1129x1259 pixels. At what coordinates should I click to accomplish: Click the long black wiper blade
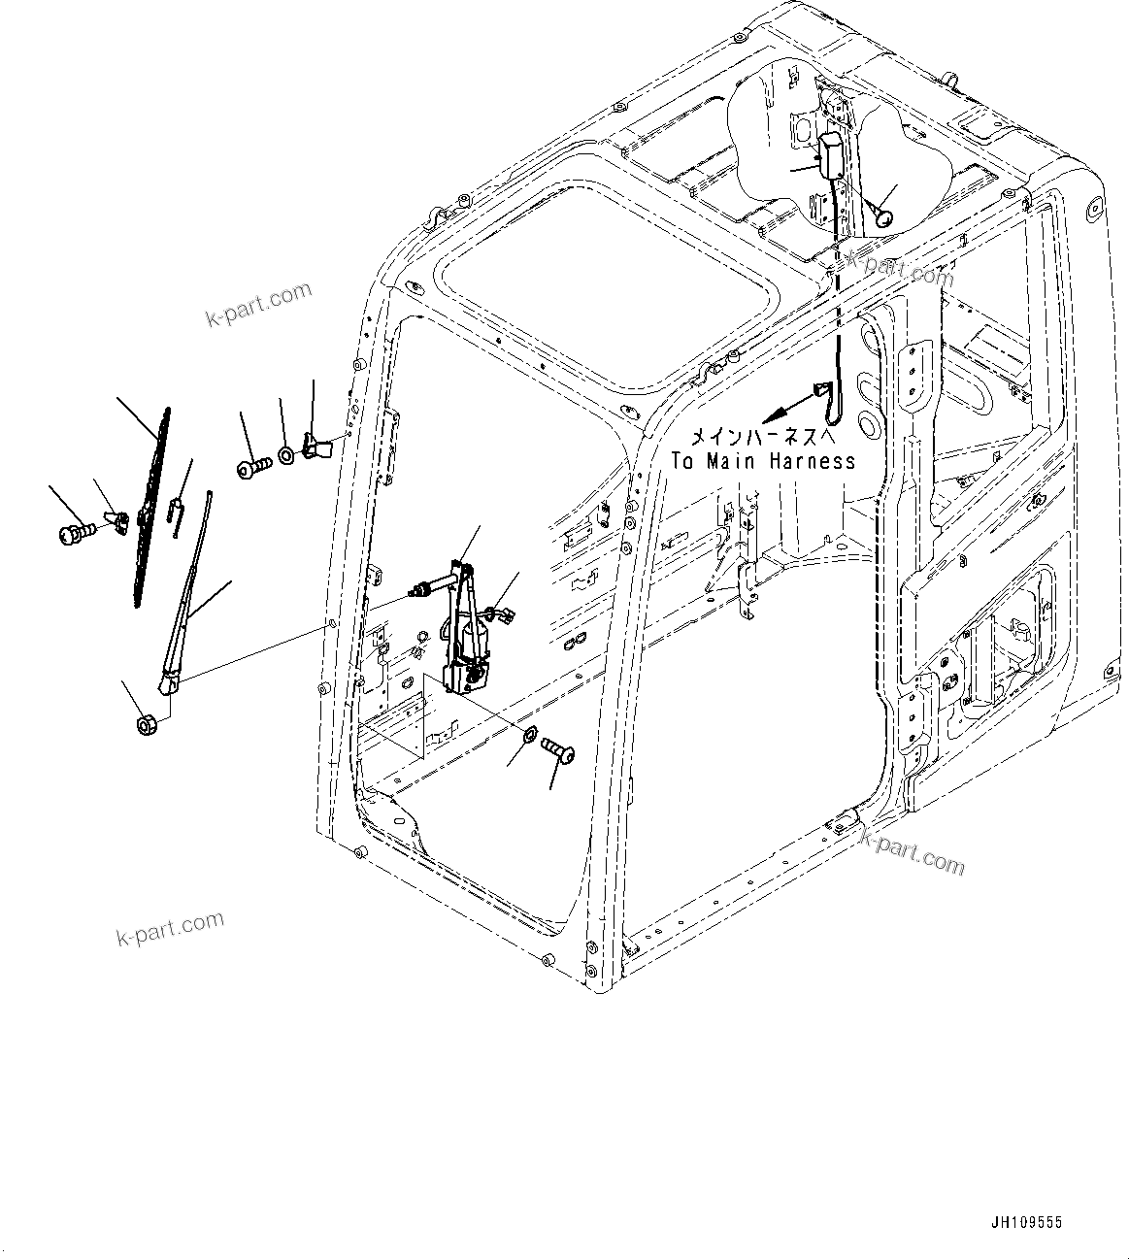coord(151,505)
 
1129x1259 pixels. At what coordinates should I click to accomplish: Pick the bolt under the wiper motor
coord(559,749)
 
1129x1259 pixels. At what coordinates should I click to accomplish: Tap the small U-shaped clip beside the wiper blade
coord(178,512)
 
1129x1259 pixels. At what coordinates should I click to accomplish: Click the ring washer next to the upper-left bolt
coord(287,454)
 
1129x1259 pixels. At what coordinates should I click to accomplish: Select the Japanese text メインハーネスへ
coord(762,437)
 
